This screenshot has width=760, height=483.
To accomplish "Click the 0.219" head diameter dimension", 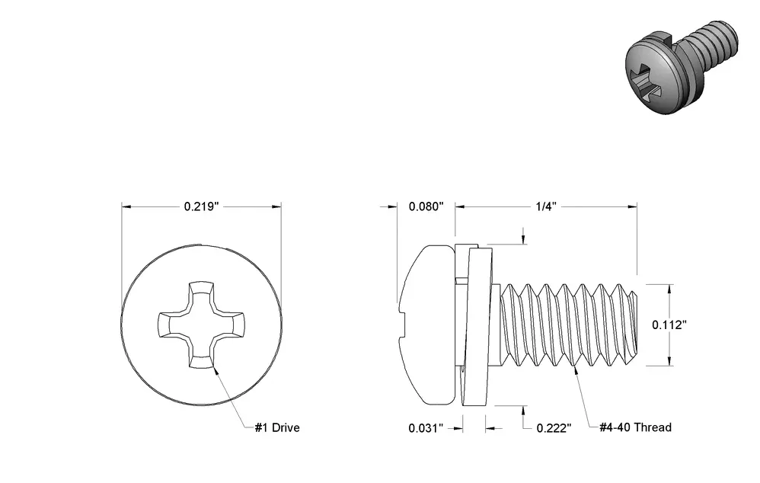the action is (202, 206).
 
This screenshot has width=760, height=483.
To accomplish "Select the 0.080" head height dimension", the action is (426, 206).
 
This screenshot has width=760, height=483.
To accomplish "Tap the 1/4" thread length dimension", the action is (546, 206).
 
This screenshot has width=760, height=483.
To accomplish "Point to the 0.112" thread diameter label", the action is (669, 325).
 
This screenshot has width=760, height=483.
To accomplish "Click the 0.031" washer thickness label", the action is (426, 428).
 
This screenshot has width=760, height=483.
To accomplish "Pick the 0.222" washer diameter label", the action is (554, 428).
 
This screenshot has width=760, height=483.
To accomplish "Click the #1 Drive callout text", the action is (277, 427).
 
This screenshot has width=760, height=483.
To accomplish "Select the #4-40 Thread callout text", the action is (635, 427).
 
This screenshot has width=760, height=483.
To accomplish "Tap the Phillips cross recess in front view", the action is (202, 325).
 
